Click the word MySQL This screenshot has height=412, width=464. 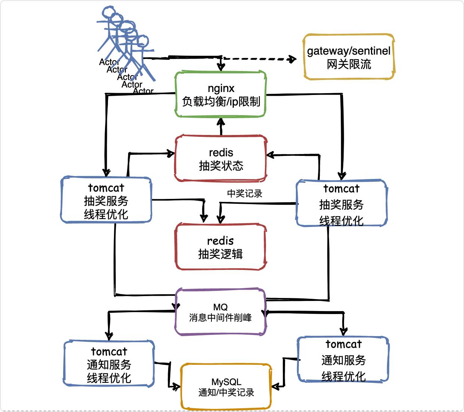pyautogui.click(x=226, y=382)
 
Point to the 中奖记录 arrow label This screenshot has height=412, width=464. pyautogui.click(x=245, y=194)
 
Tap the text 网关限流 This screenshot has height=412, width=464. pyautogui.click(x=349, y=64)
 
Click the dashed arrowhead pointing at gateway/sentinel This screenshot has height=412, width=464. pyautogui.click(x=293, y=59)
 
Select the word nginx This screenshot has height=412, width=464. pyautogui.click(x=221, y=89)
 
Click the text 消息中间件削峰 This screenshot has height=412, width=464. pyautogui.click(x=220, y=317)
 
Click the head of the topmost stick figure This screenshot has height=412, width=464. pyautogui.click(x=108, y=12)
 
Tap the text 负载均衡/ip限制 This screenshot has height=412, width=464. pyautogui.click(x=221, y=102)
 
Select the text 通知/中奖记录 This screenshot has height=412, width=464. pyautogui.click(x=226, y=393)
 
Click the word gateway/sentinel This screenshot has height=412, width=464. pyautogui.click(x=349, y=51)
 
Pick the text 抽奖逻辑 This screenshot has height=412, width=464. pyautogui.click(x=220, y=254)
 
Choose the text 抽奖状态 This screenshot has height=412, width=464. pyautogui.click(x=221, y=166)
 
